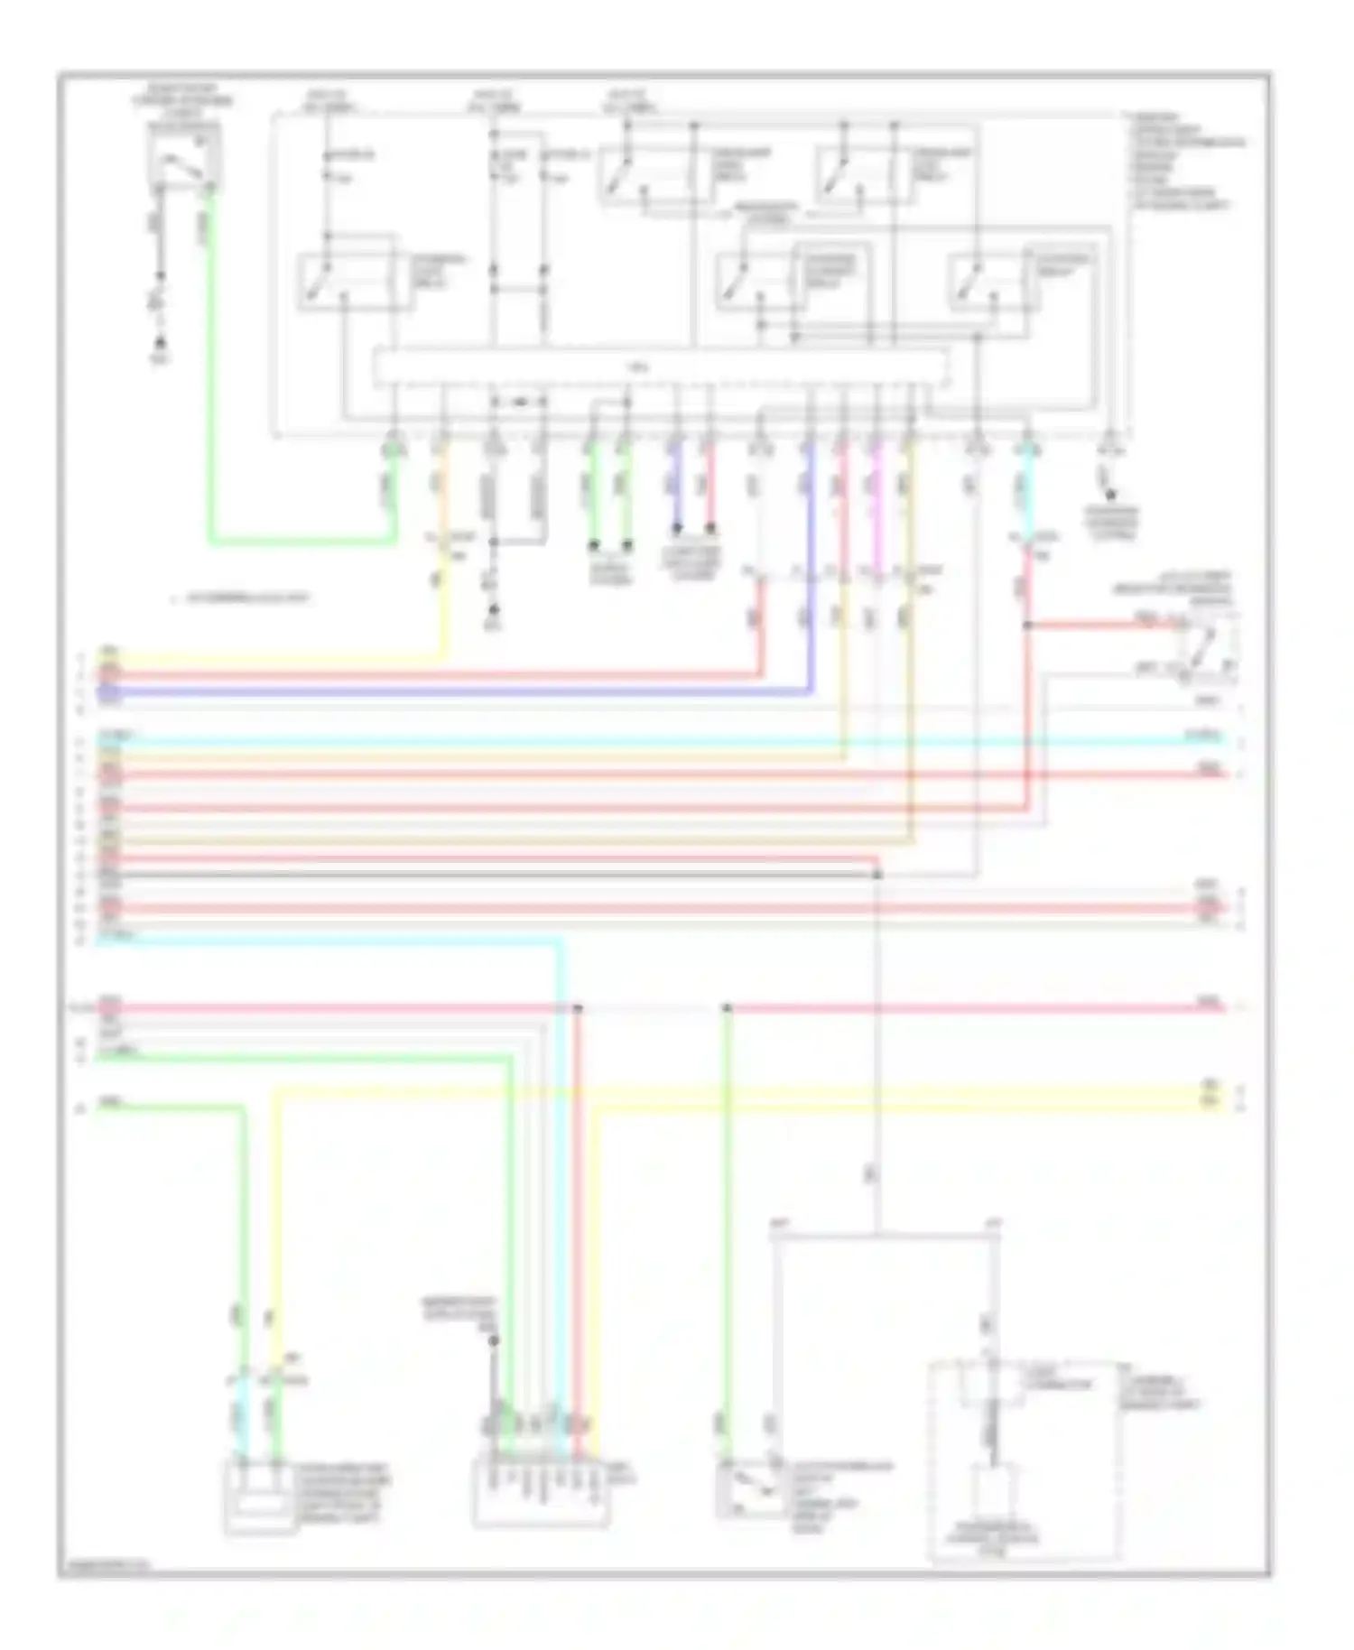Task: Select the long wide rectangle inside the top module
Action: coord(662,367)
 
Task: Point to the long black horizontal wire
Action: coord(487,875)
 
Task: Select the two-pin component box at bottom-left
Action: coord(259,1500)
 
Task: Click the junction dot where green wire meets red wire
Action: coord(728,1007)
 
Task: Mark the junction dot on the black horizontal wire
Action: coord(876,875)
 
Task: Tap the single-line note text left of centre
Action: coord(244,598)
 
